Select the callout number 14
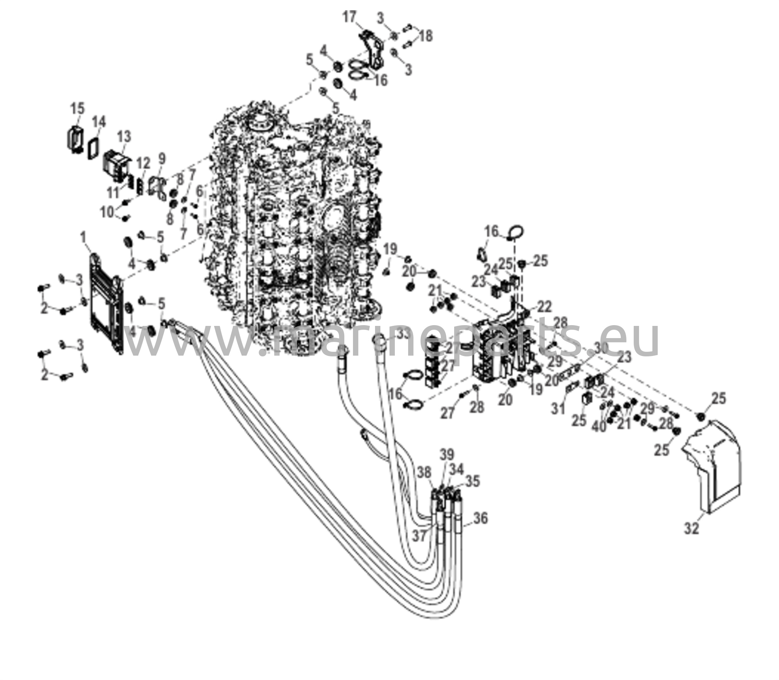(99, 123)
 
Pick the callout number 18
(426, 36)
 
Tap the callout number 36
(480, 518)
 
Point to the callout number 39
(447, 455)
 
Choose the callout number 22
(544, 306)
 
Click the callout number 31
(559, 409)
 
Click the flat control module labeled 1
(107, 305)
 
